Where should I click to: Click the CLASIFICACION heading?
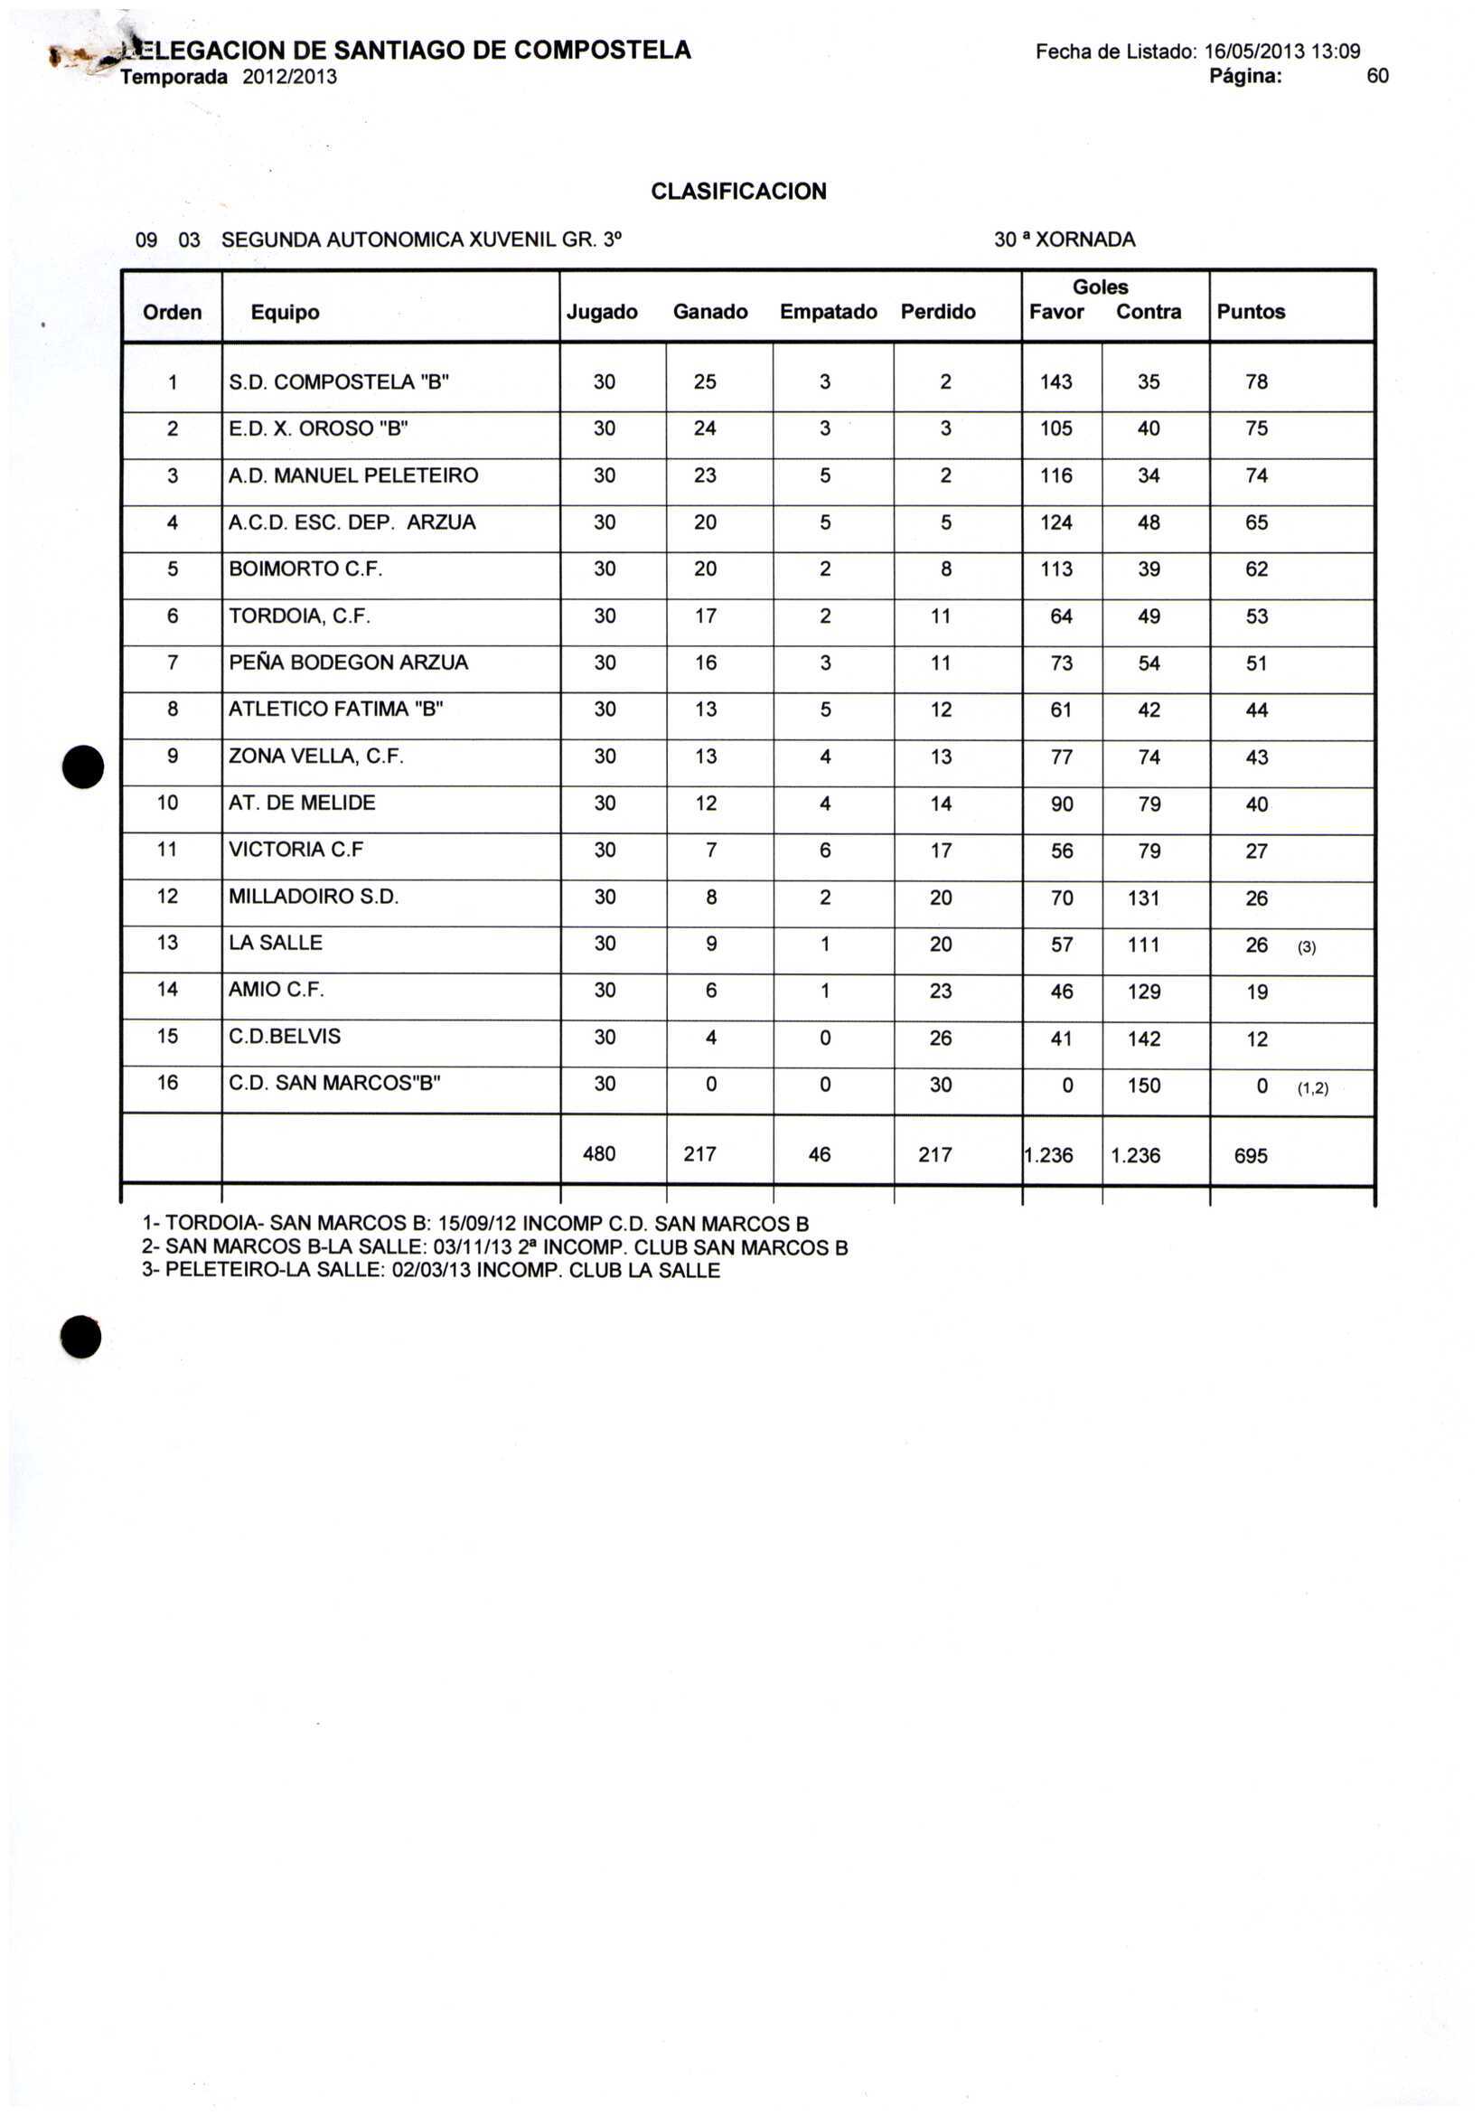pos(737,192)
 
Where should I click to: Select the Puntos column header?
pos(1250,312)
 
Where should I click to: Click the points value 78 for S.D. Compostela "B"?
pos(1256,382)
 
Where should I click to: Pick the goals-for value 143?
pos(1055,382)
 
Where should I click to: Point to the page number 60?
pos(1377,77)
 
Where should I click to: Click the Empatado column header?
pos(828,312)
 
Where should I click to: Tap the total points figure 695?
pos(1250,1155)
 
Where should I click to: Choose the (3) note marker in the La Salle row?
pos(1306,947)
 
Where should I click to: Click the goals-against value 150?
pos(1143,1086)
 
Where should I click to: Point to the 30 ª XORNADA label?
pos(1064,240)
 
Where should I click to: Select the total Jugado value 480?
pos(599,1154)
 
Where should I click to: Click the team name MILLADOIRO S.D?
pos(314,897)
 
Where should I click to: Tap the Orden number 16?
pos(168,1083)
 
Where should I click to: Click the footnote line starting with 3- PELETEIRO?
pos(430,1271)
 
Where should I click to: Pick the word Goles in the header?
pos(1100,287)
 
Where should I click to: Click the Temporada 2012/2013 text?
pos(229,78)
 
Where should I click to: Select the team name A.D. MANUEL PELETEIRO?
pos(352,476)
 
